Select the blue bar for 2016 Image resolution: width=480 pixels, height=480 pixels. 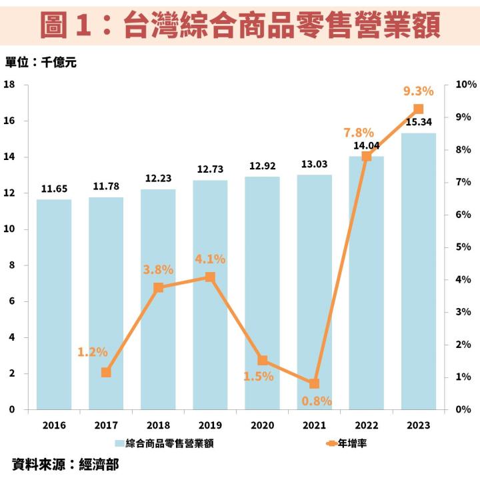[x=54, y=304]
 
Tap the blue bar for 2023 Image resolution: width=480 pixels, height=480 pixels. [x=419, y=271]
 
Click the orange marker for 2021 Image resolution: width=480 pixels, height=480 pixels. [x=315, y=383]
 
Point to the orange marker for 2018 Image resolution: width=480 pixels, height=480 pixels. [x=159, y=287]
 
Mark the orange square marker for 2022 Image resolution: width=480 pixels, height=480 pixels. [x=367, y=156]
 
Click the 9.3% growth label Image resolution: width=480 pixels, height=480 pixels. [x=419, y=91]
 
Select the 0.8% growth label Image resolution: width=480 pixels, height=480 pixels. [x=316, y=401]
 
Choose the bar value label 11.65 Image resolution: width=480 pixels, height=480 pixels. [x=54, y=189]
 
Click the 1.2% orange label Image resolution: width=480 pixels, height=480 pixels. [x=92, y=352]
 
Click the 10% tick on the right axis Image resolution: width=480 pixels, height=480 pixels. [x=465, y=85]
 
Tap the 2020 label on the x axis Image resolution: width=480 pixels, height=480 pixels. [x=263, y=425]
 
